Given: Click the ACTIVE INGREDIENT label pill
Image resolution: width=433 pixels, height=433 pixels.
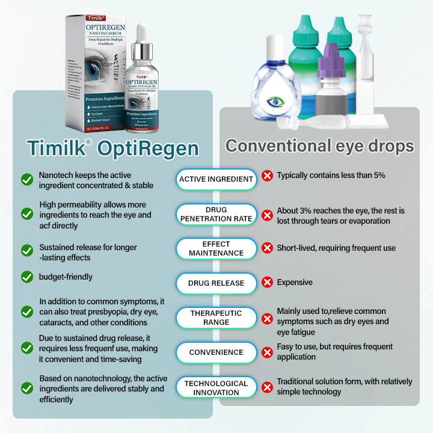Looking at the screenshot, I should coord(216,179).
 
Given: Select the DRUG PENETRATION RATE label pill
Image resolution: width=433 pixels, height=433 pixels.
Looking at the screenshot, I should coord(216,215).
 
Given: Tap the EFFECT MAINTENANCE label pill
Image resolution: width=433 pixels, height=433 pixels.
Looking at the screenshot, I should coord(216,248).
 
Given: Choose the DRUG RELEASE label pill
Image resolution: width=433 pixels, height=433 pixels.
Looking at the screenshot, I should coord(216,283).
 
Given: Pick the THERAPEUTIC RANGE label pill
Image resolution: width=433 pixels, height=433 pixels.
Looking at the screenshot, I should coord(216,318).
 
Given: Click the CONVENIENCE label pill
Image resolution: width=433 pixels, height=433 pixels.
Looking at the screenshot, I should coord(216,352).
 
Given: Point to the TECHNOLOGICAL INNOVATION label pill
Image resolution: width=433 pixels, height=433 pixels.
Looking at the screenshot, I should coord(216,387).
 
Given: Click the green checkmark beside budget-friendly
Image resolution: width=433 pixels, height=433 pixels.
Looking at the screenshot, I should coord(27,277).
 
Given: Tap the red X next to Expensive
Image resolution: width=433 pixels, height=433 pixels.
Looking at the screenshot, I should coord(267,283).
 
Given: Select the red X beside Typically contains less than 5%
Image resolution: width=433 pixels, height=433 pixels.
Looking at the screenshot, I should coord(267,176).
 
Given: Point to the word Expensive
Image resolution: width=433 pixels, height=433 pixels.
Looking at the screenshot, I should coord(295,282).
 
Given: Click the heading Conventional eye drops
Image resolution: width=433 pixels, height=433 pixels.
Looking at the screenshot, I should coord(319,146).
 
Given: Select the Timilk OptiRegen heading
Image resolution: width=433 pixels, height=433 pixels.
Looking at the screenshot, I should coord(113,148).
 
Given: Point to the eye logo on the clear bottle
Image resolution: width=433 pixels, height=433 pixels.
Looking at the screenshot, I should coord(277,102).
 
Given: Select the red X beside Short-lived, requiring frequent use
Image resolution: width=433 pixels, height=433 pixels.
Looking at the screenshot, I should coord(267,248).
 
